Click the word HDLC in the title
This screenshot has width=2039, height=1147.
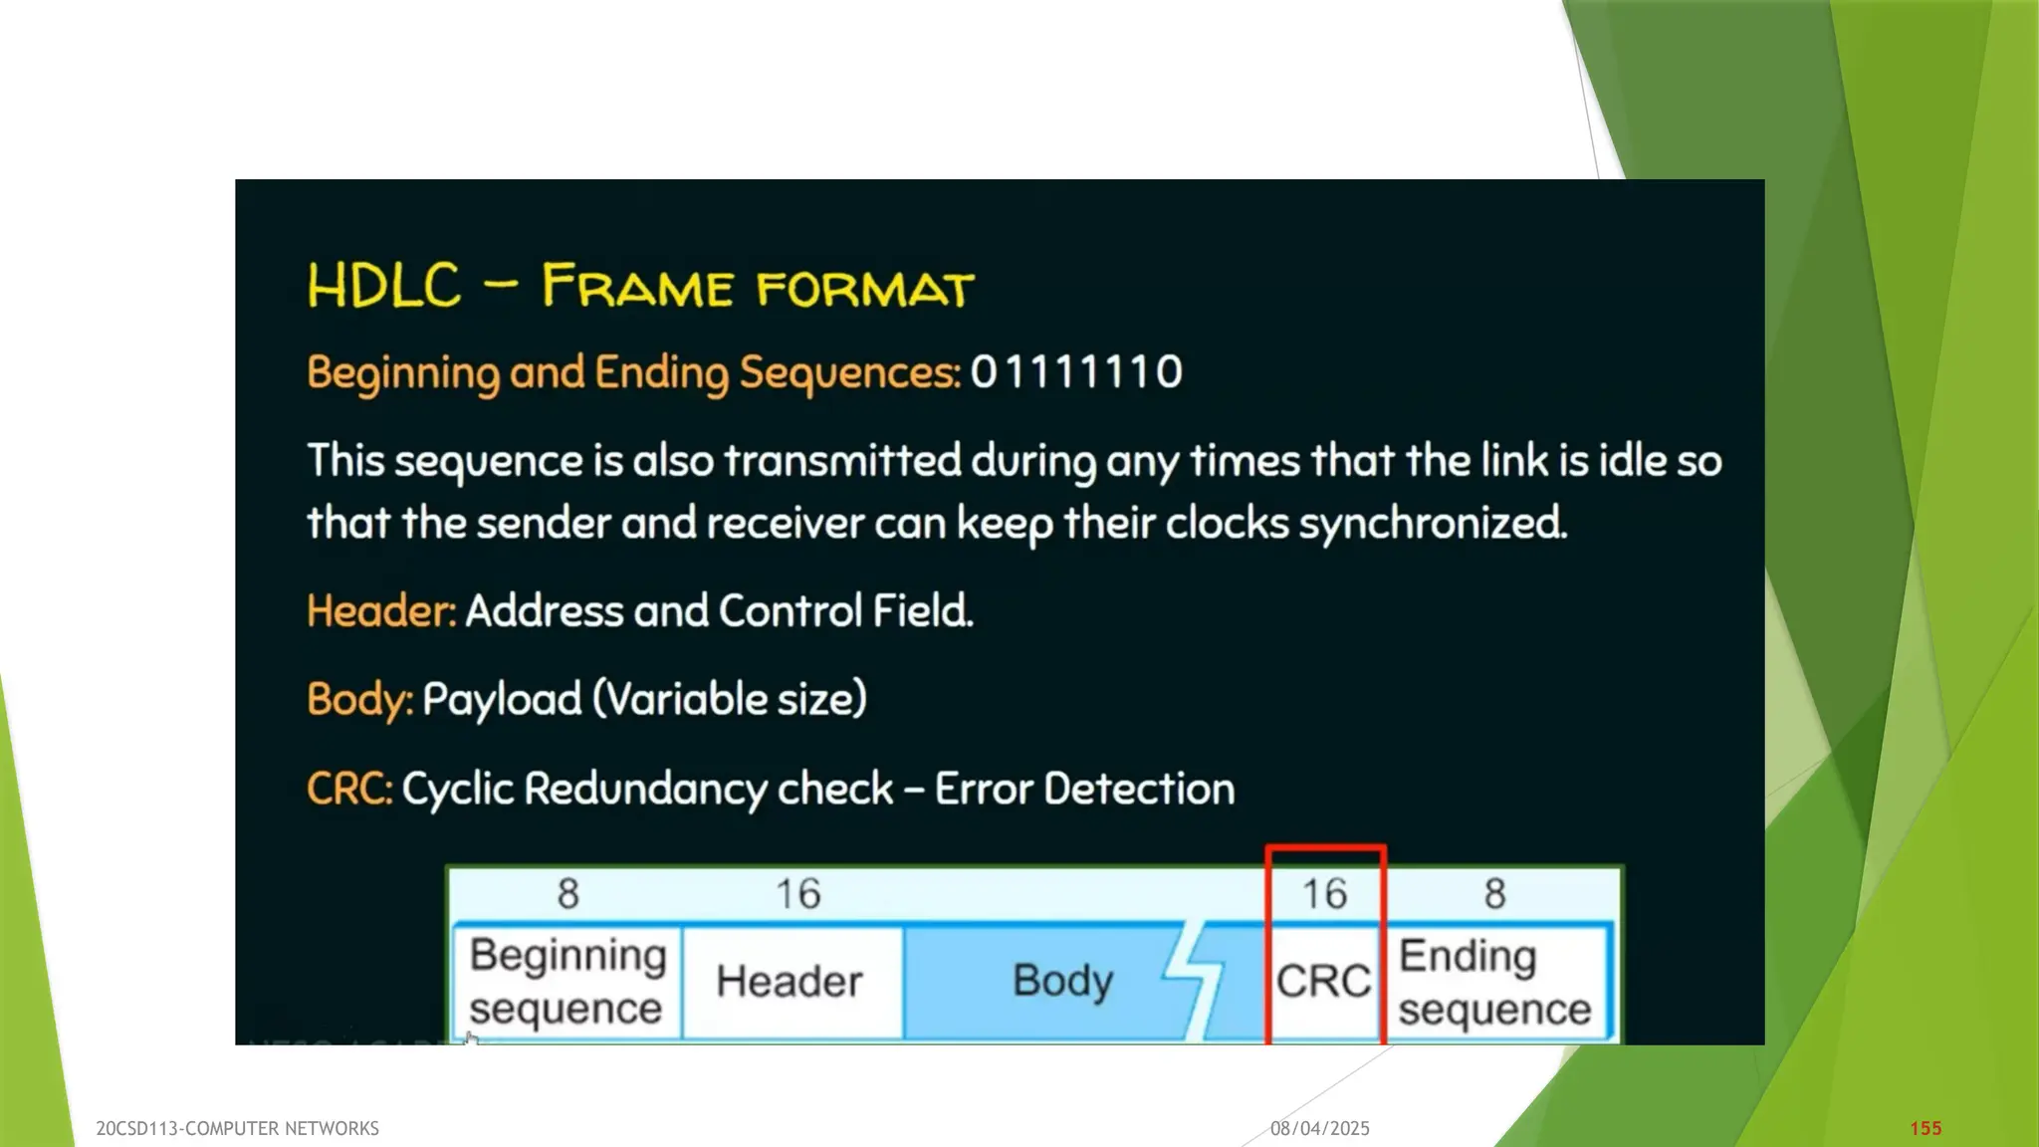tap(384, 286)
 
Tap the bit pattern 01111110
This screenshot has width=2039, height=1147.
tap(1076, 372)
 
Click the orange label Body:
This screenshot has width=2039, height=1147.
tap(359, 699)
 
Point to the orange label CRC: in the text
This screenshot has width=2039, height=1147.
tap(349, 789)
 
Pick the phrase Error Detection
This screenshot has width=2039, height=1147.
tap(1084, 789)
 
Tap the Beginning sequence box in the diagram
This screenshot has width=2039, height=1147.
tap(567, 982)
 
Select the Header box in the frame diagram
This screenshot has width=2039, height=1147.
tap(791, 982)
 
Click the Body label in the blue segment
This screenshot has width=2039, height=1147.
tap(1062, 981)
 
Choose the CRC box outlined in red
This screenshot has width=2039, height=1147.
tap(1324, 982)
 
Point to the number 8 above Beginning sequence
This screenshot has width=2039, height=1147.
tap(567, 894)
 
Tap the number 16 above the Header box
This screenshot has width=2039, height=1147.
tap(798, 894)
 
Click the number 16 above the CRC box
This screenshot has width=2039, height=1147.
tap(1325, 894)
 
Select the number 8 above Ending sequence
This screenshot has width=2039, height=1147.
tap(1494, 894)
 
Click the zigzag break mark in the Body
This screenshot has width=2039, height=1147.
tap(1195, 981)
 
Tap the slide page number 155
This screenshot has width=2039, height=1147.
tap(1926, 1128)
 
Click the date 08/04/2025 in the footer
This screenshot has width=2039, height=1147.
tap(1320, 1128)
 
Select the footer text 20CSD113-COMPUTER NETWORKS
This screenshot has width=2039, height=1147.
tap(237, 1128)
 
